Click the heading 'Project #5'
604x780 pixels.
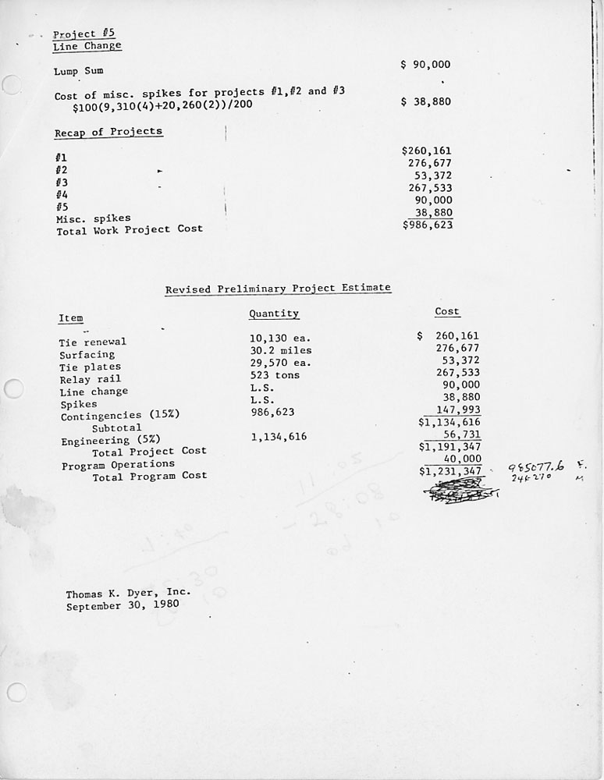click(75, 34)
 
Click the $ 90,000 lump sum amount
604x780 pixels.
click(425, 65)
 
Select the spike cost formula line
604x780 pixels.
click(163, 104)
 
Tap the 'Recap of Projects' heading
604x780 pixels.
click(108, 132)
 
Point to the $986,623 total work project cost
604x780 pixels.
click(427, 225)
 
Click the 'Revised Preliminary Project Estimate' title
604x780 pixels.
click(278, 289)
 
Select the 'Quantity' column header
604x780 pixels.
click(274, 314)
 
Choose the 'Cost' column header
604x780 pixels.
click(447, 311)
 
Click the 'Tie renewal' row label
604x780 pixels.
click(92, 342)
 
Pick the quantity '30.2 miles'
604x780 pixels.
click(281, 350)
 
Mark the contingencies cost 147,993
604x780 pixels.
click(460, 410)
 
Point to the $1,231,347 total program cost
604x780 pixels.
click(450, 471)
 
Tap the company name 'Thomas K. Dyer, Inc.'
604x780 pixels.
click(128, 594)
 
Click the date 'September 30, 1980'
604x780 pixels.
click(122, 605)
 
